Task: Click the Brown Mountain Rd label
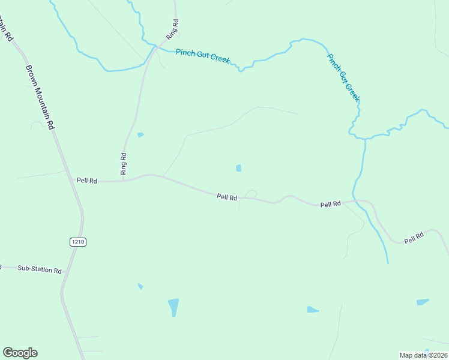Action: click(x=40, y=91)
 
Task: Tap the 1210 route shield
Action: click(x=78, y=241)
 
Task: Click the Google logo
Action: click(x=20, y=353)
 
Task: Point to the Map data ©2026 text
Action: click(x=423, y=355)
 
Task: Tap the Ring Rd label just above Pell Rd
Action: click(x=123, y=163)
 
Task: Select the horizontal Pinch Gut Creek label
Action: click(x=203, y=56)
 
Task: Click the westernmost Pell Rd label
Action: click(x=86, y=180)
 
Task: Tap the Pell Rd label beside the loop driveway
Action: click(x=227, y=197)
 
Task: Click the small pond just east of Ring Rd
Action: click(x=140, y=135)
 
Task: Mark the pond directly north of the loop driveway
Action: click(x=239, y=168)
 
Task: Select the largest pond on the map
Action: click(x=173, y=307)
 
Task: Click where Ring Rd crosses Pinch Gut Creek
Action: click(x=155, y=46)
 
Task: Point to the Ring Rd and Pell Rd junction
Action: click(x=124, y=180)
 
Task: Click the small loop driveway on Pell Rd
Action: click(x=251, y=194)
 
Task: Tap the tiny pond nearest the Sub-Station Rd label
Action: click(x=140, y=286)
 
